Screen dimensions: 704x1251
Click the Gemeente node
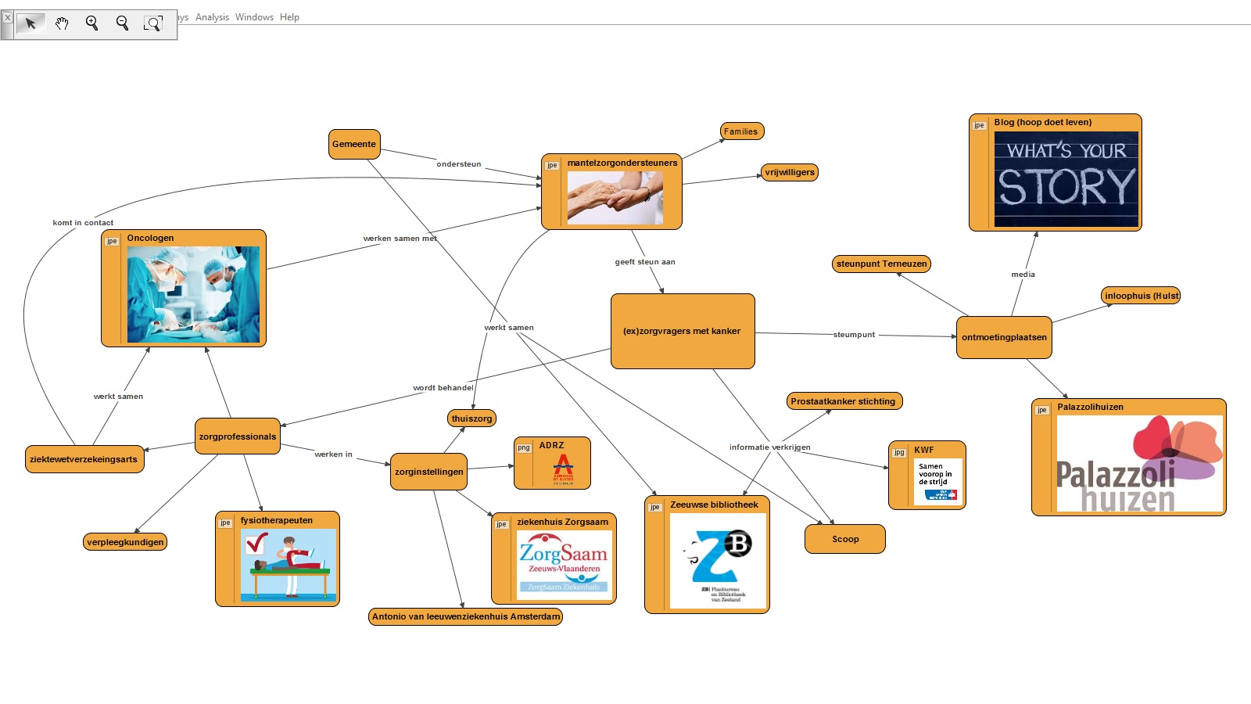354,144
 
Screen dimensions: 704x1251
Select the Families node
741,131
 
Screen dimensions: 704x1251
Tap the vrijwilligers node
790,172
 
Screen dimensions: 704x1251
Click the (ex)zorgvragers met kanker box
682,331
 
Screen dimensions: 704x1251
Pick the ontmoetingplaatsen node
1004,337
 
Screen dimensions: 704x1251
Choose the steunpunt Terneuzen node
881,264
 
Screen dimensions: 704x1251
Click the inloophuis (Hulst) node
1141,296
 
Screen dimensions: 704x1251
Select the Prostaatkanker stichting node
843,401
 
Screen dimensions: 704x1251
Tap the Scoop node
844,539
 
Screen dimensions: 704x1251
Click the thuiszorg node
471,418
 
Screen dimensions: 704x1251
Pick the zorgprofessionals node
237,436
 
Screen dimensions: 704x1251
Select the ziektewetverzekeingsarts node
84,459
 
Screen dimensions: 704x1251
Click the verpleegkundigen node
125,542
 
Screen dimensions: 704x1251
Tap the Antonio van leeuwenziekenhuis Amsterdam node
466,616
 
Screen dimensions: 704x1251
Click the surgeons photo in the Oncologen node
193,295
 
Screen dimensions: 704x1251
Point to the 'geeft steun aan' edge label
645,262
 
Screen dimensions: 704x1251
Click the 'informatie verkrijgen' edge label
769,447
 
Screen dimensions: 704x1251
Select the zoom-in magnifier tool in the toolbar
91,23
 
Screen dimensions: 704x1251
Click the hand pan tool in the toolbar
62,23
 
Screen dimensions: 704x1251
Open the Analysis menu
212,17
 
